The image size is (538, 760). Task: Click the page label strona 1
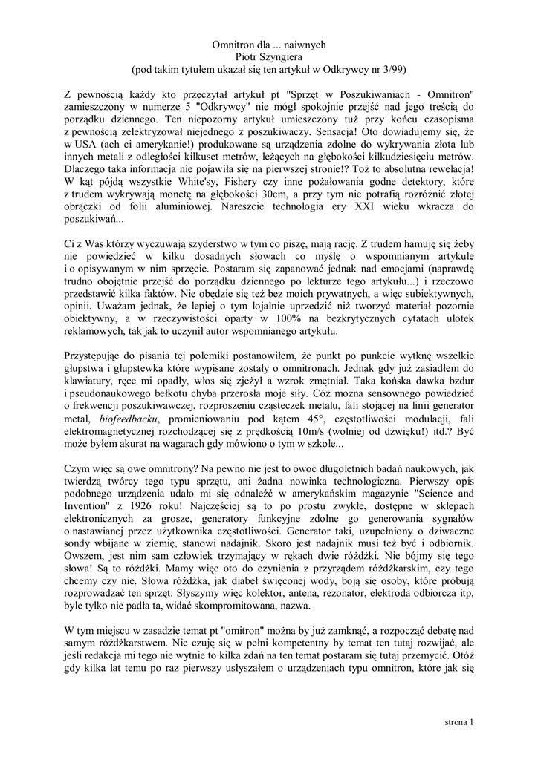(x=458, y=721)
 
